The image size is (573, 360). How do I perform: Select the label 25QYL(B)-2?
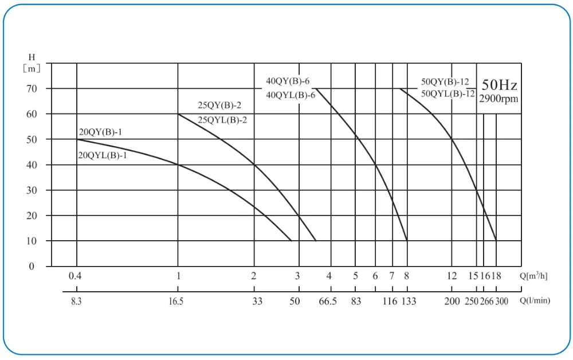222,120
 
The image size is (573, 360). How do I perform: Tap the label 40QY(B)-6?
288,81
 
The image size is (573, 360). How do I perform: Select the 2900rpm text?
499,99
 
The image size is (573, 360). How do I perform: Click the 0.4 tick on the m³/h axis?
75,276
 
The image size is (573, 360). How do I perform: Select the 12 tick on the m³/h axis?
452,276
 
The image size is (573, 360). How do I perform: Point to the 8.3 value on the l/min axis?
77,300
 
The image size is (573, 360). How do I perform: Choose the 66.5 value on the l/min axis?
328,300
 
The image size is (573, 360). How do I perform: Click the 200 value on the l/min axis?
452,300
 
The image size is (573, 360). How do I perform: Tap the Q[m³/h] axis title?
534,276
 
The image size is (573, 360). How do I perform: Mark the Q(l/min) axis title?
535,300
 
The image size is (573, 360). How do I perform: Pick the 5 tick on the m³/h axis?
355,276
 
